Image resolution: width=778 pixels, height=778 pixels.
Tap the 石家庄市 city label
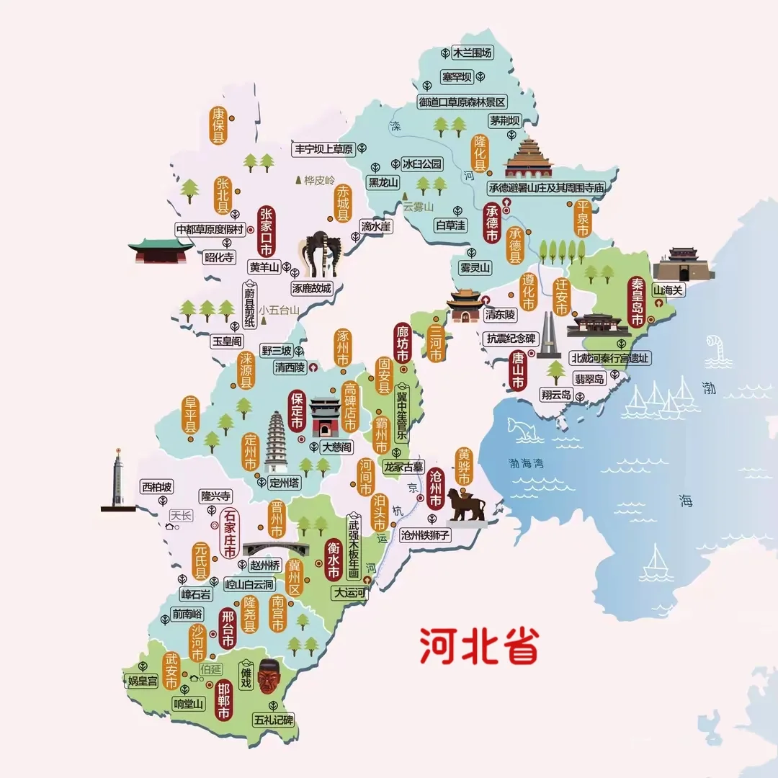pos(230,534)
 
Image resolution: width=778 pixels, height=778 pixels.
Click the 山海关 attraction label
pos(667,290)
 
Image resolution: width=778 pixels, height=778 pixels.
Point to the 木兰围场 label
pos(472,53)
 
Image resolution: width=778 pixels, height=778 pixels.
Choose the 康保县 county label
pos(218,125)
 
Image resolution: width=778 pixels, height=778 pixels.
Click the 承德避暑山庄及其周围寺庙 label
pos(546,187)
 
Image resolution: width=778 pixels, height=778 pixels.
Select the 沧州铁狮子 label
pos(425,535)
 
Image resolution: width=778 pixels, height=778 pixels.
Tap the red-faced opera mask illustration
pos(268,676)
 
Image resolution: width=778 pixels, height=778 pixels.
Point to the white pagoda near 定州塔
pos(276,441)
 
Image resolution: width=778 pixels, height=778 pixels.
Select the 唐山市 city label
pos(517,370)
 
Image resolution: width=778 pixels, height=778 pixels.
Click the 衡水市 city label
pos(333,560)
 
